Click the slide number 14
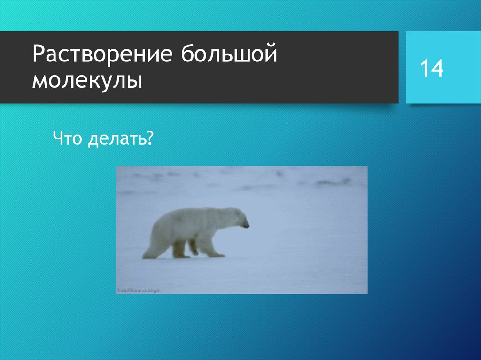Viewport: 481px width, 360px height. pos(431,69)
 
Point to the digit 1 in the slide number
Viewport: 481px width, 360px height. pos(424,69)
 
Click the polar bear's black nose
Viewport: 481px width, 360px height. pos(248,226)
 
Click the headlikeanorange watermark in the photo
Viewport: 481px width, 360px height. pos(138,291)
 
